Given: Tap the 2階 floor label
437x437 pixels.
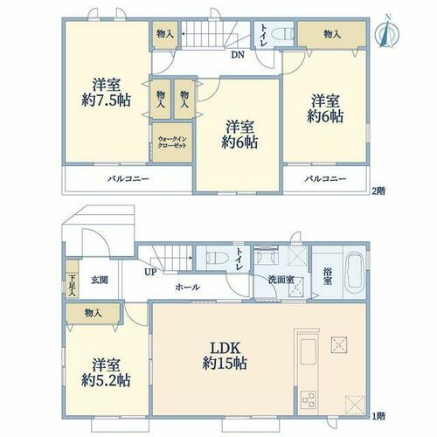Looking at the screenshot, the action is pyautogui.click(x=378, y=191).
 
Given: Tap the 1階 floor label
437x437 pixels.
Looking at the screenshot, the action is pyautogui.click(x=378, y=416).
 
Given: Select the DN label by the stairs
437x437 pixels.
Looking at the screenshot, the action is pyautogui.click(x=238, y=55).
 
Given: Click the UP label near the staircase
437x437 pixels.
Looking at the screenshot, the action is pyautogui.click(x=150, y=273).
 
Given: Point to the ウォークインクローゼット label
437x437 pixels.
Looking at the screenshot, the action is pyautogui.click(x=172, y=142).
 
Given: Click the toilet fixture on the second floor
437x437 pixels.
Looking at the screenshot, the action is pyautogui.click(x=282, y=34).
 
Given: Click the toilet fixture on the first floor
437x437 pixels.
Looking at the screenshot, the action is pyautogui.click(x=217, y=258).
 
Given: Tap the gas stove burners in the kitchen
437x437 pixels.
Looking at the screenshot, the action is pyautogui.click(x=309, y=399).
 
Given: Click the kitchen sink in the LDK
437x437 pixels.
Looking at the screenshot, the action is pyautogui.click(x=309, y=352).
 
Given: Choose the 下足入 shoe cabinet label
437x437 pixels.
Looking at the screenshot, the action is pyautogui.click(x=72, y=285).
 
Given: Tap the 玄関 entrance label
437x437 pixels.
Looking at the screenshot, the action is pyautogui.click(x=100, y=281).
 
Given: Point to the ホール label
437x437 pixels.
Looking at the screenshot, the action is pyautogui.click(x=187, y=288).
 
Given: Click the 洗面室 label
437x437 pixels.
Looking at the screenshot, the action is pyautogui.click(x=281, y=280).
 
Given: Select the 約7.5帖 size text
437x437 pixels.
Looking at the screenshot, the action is pyautogui.click(x=106, y=101).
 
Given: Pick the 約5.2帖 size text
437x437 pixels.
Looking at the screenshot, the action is pyautogui.click(x=106, y=380).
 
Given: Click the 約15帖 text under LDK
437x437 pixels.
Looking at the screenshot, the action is pyautogui.click(x=225, y=364).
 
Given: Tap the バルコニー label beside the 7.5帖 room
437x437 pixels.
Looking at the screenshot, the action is pyautogui.click(x=128, y=178).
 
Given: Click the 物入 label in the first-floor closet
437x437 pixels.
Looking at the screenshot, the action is pyautogui.click(x=93, y=314).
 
